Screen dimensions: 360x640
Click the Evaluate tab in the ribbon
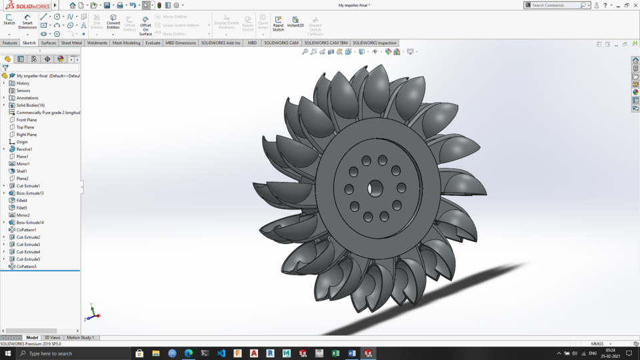tap(153, 43)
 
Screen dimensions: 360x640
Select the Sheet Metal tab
tap(71, 43)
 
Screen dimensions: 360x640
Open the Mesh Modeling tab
tap(126, 43)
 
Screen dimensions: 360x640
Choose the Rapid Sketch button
tap(278, 23)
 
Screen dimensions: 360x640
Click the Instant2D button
tap(295, 23)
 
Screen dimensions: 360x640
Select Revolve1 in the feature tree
tap(24, 149)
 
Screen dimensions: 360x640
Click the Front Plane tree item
tap(27, 120)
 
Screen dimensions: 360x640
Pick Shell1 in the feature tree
tap(22, 171)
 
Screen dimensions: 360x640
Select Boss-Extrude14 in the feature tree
tap(30, 223)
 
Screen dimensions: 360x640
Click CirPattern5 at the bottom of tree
tap(26, 267)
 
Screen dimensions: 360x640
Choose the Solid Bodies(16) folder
tap(31, 105)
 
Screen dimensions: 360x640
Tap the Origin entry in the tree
tap(22, 142)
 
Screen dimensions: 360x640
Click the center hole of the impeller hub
tap(375, 188)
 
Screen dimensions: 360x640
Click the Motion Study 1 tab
tap(80, 338)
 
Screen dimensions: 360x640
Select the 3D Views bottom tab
tap(52, 338)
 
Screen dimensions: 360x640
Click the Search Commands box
tap(555, 5)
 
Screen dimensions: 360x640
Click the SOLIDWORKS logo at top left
tap(27, 5)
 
